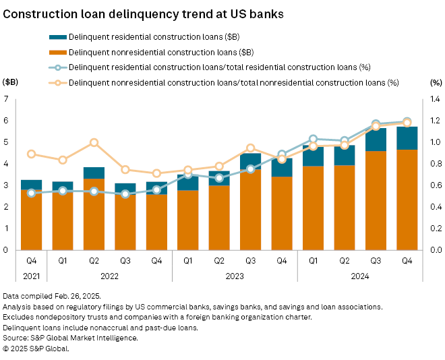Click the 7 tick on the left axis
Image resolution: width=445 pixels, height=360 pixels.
pyautogui.click(x=6, y=99)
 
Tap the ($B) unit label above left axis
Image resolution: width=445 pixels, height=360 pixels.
pyautogui.click(x=11, y=82)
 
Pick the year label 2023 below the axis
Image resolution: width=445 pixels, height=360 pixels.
pyautogui.click(x=235, y=276)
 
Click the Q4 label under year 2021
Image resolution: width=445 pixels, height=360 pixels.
pyautogui.click(x=31, y=260)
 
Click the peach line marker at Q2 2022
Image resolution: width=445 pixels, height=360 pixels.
pyautogui.click(x=94, y=142)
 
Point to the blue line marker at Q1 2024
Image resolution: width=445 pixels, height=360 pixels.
pyautogui.click(x=313, y=138)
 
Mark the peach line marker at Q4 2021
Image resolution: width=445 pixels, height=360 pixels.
pyautogui.click(x=31, y=154)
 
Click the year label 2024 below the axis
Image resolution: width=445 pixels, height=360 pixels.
pyautogui.click(x=360, y=276)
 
